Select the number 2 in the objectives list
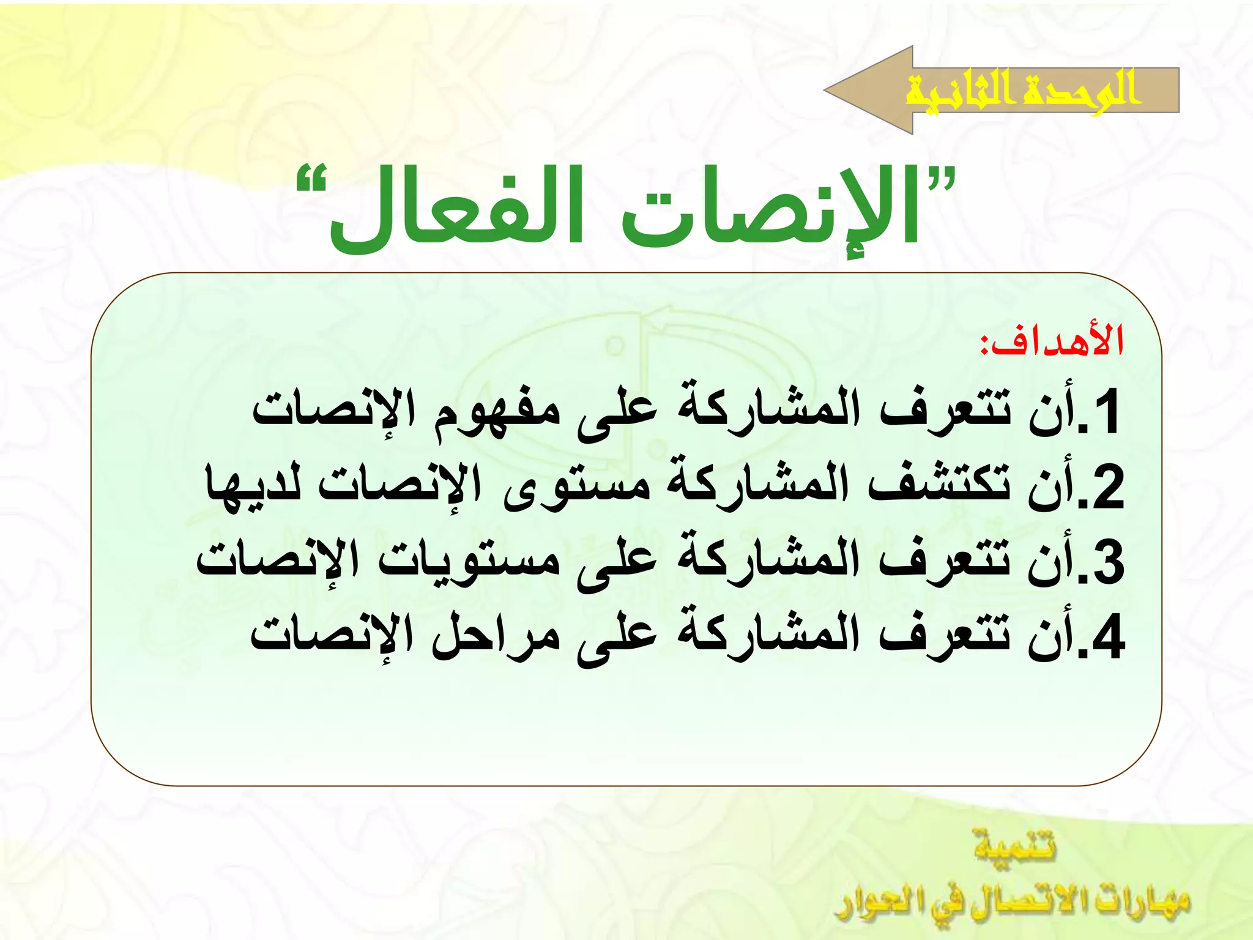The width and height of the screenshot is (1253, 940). tap(1106, 487)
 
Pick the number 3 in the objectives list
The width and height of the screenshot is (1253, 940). tap(1106, 562)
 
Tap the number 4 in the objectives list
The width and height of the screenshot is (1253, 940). tap(1106, 636)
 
